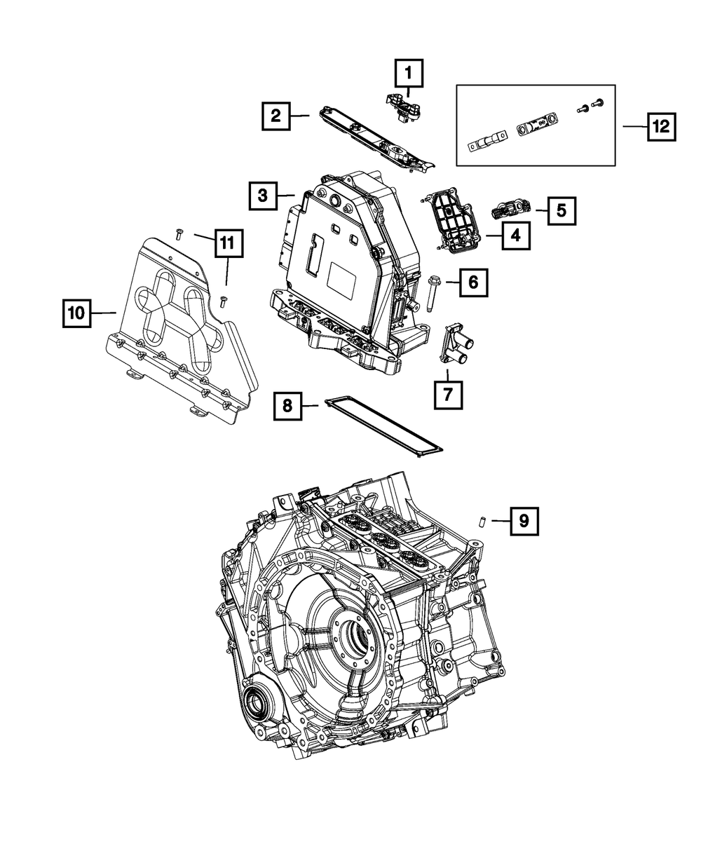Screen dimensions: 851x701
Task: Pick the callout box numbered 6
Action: tap(472, 283)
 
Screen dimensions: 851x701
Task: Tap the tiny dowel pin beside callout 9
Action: tap(483, 521)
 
